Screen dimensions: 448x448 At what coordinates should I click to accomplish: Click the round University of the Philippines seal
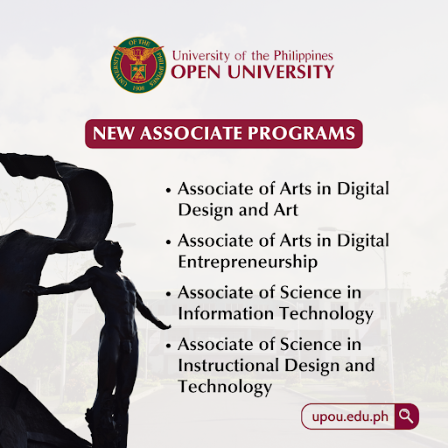coord(138,65)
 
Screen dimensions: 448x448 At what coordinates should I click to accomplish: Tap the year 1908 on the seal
coord(138,87)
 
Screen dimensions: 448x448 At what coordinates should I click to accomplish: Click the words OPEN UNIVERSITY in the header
coord(253,72)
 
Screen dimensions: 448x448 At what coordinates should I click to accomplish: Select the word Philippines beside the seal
coord(304,56)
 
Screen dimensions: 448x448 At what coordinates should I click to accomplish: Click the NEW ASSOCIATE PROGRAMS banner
coord(224,134)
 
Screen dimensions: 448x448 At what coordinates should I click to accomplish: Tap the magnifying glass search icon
coord(406,416)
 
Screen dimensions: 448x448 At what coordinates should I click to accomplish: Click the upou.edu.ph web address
coord(350,416)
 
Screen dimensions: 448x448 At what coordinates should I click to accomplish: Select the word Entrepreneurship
coord(248,262)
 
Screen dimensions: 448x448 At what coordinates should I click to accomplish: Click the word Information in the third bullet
coord(226,313)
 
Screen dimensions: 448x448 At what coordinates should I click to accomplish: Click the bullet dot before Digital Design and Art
coord(168,191)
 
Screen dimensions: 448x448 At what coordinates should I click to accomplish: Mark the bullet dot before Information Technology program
coord(168,294)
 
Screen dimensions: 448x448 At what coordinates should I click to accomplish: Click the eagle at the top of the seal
coord(139,52)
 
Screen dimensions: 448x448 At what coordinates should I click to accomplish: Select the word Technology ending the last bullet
coord(225,387)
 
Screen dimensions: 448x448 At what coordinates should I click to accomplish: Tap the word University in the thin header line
coord(201,56)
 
